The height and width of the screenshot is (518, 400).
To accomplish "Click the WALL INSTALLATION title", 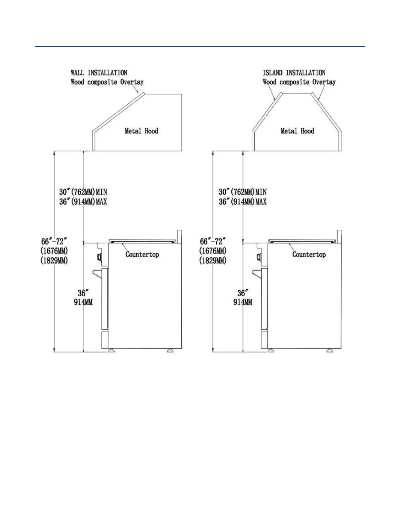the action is click(99, 73).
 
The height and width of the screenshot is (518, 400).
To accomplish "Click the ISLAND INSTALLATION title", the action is click(294, 73).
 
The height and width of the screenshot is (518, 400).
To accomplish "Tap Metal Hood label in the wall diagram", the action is click(142, 131).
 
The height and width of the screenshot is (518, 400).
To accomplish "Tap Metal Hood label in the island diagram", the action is click(297, 131).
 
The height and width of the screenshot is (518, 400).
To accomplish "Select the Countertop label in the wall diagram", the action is click(142, 254).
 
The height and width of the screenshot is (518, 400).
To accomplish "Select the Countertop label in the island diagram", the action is click(309, 254).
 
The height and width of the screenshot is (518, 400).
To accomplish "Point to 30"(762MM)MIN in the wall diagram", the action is click(83, 192).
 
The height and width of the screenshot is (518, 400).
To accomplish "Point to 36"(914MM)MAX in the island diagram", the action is click(242, 202).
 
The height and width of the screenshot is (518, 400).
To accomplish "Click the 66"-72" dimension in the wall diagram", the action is click(54, 242).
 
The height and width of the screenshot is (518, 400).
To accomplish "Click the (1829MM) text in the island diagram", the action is click(213, 261).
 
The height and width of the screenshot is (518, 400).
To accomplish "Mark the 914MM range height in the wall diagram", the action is click(83, 302).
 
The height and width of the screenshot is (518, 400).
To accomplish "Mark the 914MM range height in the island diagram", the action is click(242, 302).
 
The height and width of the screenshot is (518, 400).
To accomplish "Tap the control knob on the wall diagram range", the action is click(98, 257).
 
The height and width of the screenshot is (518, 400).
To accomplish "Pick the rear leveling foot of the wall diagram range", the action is click(170, 351).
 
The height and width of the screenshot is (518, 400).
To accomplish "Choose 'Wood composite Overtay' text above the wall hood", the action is click(107, 82).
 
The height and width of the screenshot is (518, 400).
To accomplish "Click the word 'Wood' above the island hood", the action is click(270, 82).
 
